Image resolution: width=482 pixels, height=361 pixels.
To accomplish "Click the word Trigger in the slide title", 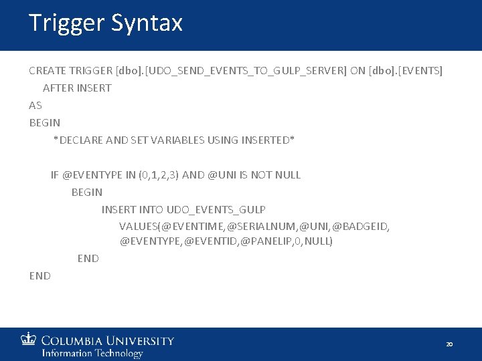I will [67, 23].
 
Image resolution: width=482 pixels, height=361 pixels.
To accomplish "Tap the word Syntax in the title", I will [147, 23].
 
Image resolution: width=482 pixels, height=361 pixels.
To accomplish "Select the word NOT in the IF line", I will [261, 175].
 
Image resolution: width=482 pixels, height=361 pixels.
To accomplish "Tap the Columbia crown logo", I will [29, 340].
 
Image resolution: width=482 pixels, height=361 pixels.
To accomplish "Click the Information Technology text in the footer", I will [92, 353].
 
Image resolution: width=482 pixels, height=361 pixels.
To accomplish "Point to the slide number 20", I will [449, 344].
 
